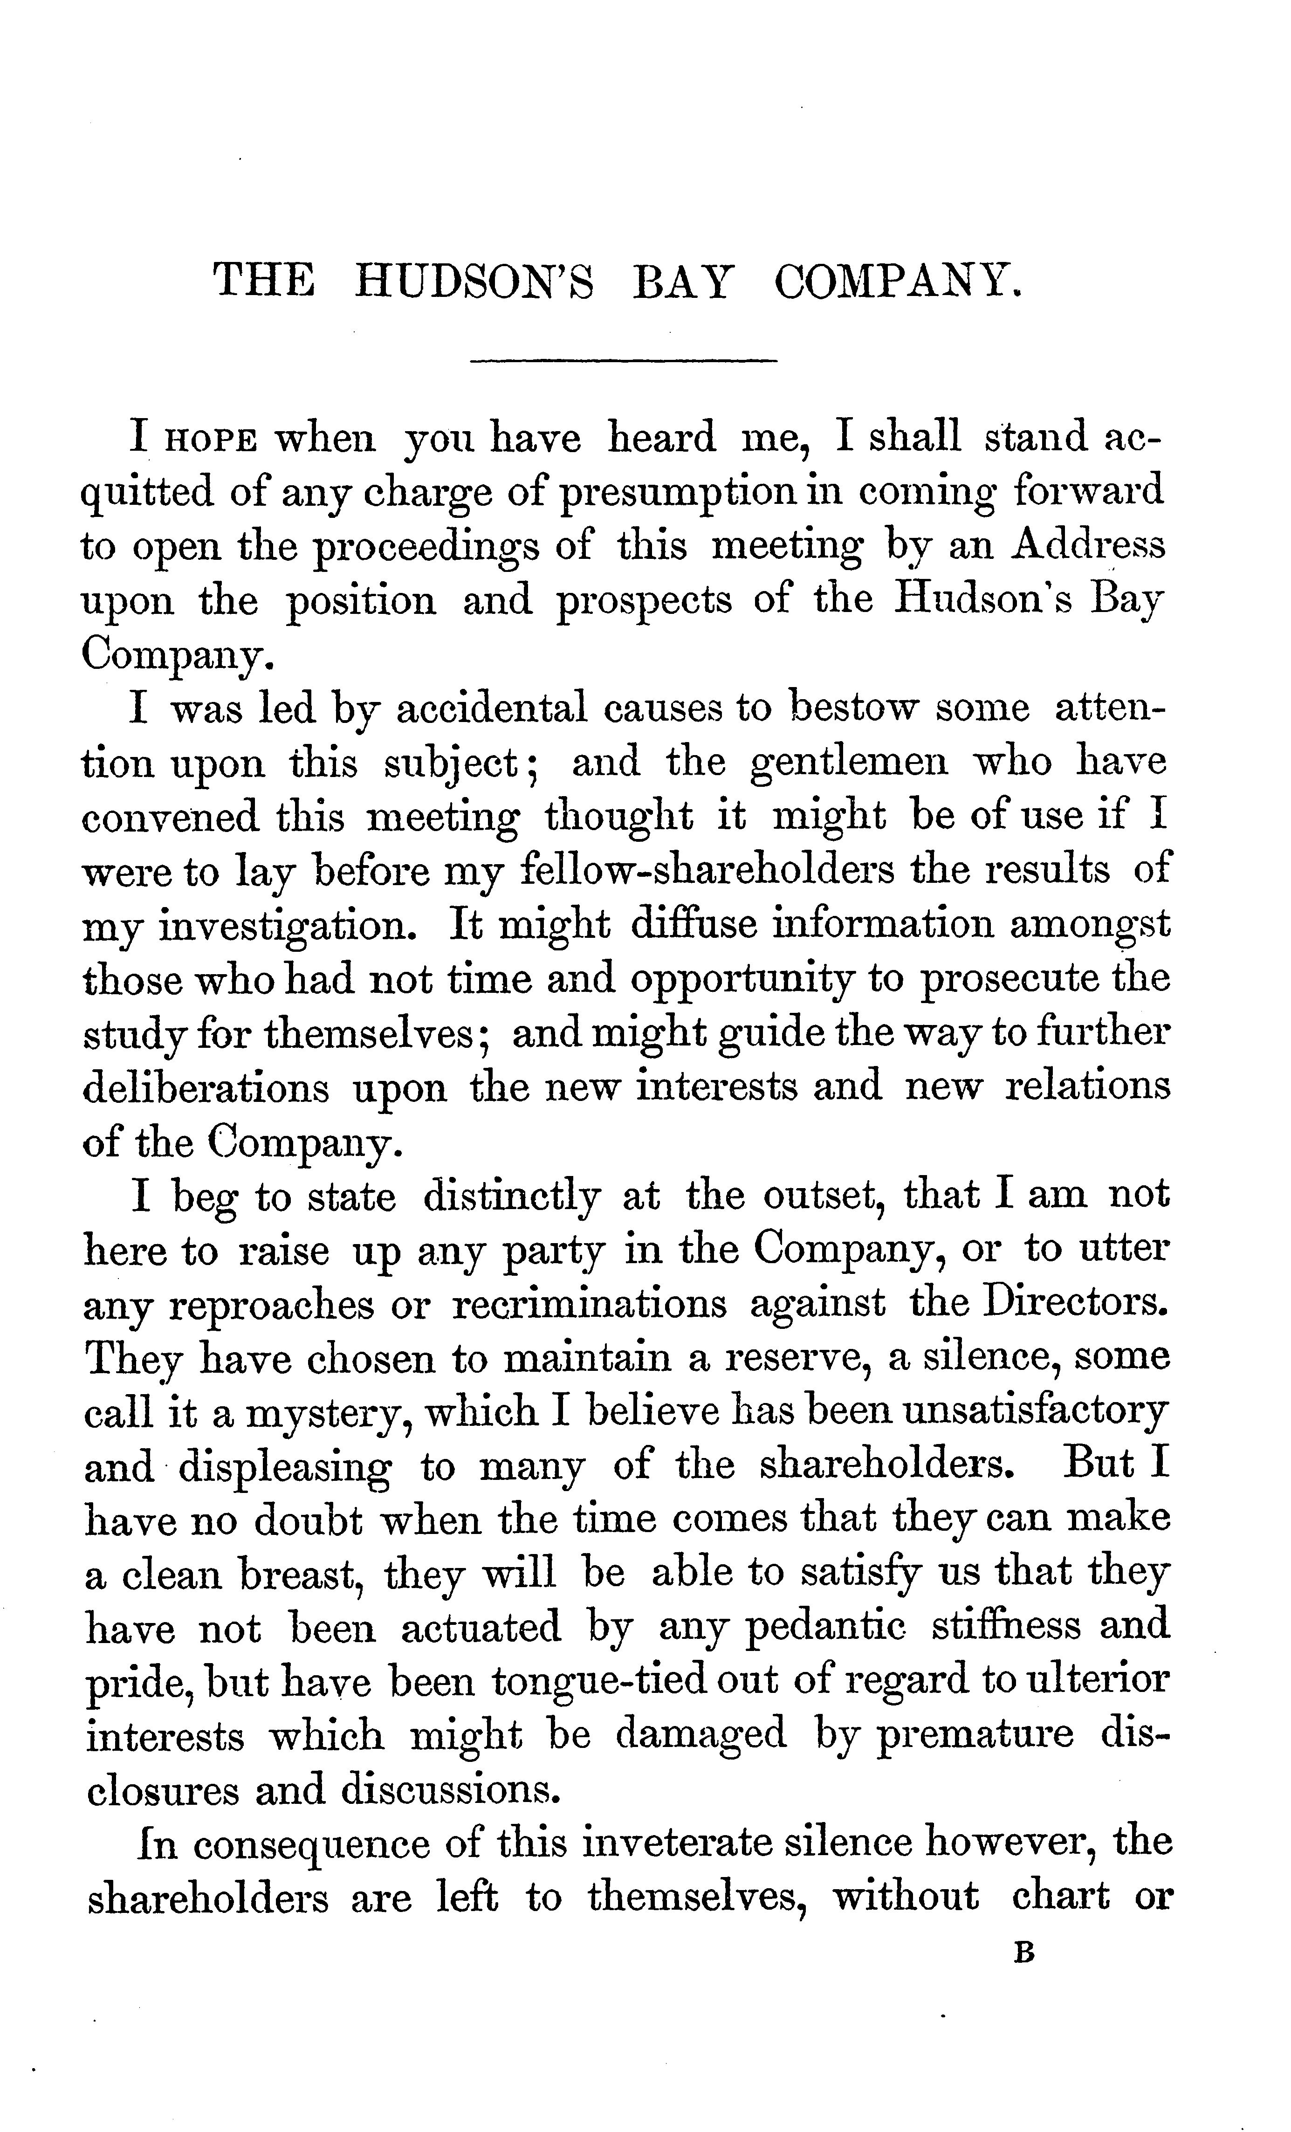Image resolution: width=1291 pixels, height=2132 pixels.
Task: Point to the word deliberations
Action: [x=206, y=1087]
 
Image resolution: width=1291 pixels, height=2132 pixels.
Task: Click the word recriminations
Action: [x=589, y=1304]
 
